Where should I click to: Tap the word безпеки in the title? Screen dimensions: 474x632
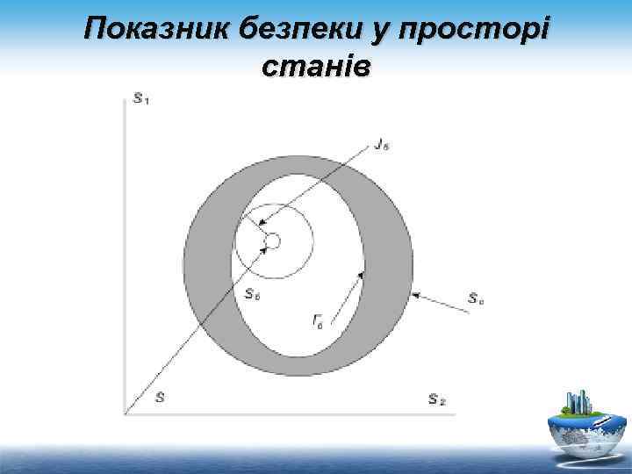288,32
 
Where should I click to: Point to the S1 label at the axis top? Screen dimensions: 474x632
141,97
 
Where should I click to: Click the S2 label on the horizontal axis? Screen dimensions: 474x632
436,400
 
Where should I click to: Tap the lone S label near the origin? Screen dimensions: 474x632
160,398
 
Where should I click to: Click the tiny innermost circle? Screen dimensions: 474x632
272,241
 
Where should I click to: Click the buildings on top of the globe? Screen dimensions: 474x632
578,402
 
